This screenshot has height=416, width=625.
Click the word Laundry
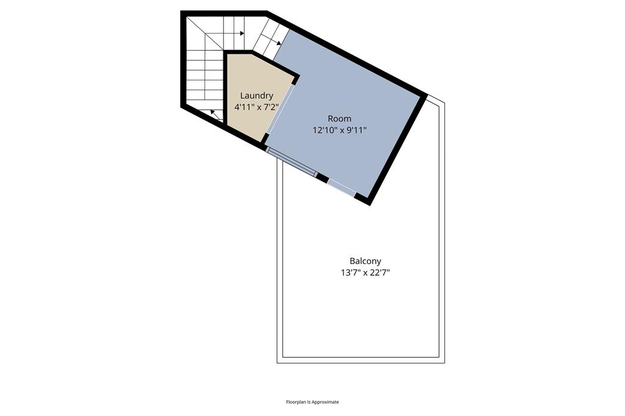point(256,95)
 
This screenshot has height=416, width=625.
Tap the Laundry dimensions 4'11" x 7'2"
point(256,107)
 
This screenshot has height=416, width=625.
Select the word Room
point(339,118)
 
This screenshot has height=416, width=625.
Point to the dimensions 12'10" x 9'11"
point(339,130)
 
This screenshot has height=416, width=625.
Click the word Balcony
point(366,261)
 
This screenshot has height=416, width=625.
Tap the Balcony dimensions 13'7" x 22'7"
point(366,273)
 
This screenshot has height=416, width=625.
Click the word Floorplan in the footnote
point(297,402)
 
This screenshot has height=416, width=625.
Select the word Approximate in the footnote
point(327,402)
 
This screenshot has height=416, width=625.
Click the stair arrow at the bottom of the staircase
point(215,113)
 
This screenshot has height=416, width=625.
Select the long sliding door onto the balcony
point(291,162)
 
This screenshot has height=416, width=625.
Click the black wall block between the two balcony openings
point(322,178)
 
